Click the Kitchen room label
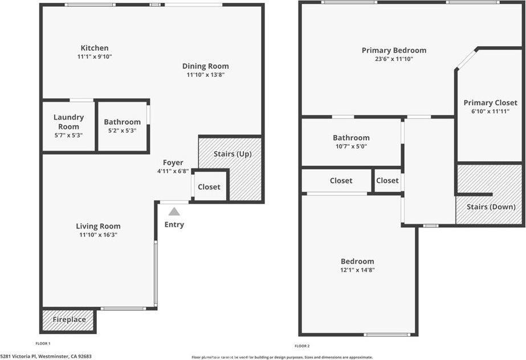(94, 48)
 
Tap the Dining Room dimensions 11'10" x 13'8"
(205, 75)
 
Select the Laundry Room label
(68, 121)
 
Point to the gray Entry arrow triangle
(174, 211)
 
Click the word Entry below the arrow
(174, 224)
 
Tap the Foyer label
(173, 162)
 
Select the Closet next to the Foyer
(209, 187)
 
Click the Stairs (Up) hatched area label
(232, 154)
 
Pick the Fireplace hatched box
(69, 320)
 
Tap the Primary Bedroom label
(393, 50)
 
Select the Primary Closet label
(490, 103)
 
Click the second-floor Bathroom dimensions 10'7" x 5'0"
(350, 146)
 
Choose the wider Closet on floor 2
(341, 181)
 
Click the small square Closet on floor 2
(388, 181)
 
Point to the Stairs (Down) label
(491, 207)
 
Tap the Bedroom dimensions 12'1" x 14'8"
(358, 270)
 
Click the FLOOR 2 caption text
(302, 346)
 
